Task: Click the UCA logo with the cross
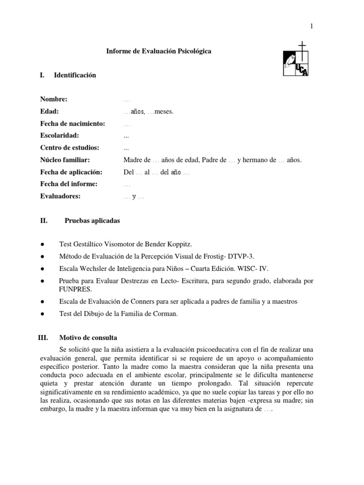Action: pos(295,59)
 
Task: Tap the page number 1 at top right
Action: pos(311,26)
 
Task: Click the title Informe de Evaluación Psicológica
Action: pos(159,51)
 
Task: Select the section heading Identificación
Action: pos(75,75)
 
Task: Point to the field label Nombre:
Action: pos(54,99)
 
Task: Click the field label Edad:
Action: pos(49,112)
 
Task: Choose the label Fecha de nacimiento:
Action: pos(72,124)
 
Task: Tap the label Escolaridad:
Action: pos(59,136)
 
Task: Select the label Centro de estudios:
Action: pos(69,148)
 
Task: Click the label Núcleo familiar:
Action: pos(65,160)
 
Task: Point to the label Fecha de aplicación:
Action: pos(71,172)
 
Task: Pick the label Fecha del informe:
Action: pos(69,184)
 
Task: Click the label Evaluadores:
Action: pos(60,197)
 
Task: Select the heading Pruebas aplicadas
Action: pos(92,221)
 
